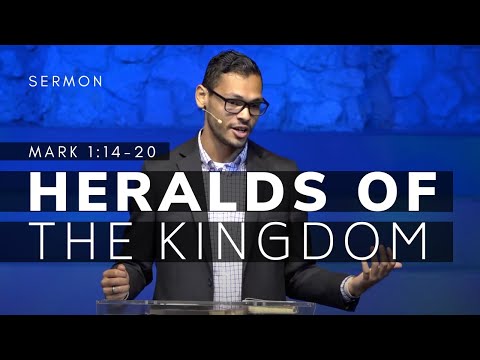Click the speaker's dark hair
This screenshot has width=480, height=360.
(x=230, y=65)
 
